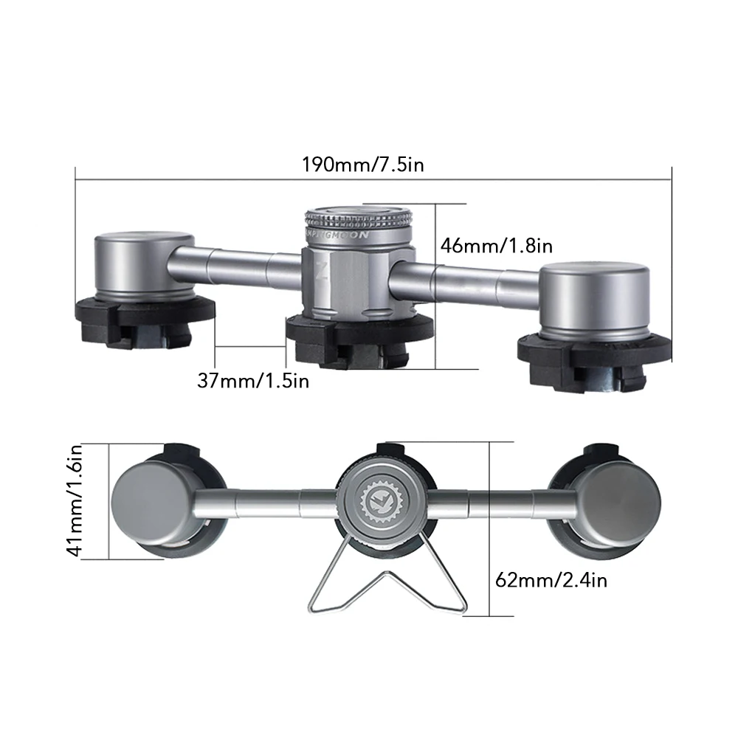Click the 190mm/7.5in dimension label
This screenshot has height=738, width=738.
(362, 164)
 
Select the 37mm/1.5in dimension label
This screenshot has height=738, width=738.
(253, 381)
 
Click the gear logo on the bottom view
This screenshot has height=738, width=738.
(377, 502)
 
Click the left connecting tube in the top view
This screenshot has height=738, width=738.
(236, 264)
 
